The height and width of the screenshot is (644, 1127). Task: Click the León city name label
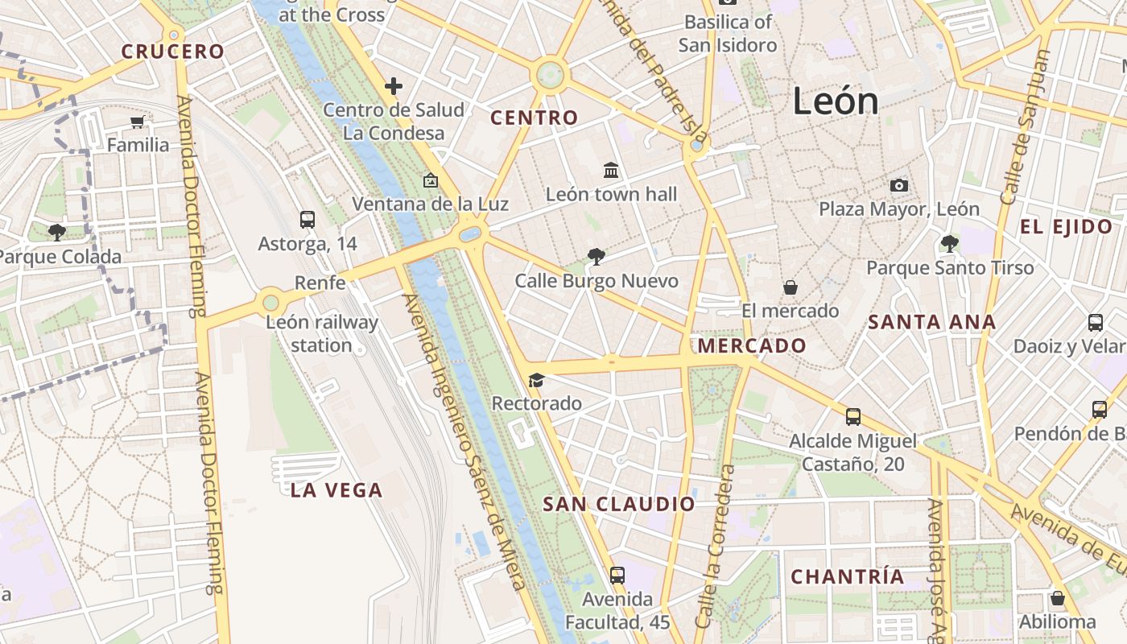tap(835, 101)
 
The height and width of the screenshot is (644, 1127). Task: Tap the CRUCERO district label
tap(173, 52)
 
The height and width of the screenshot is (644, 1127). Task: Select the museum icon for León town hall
tap(611, 171)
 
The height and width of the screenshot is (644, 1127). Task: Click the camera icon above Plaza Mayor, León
tap(899, 186)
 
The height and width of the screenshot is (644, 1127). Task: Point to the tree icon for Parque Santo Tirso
tap(950, 243)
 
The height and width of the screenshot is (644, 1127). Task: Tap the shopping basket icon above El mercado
tap(791, 287)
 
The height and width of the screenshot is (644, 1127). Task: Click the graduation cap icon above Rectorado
tap(536, 380)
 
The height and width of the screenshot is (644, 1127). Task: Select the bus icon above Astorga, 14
tap(307, 219)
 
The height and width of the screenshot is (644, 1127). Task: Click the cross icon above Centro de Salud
tap(394, 85)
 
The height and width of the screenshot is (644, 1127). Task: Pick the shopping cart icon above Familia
tap(138, 122)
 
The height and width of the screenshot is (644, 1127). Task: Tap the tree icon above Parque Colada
tap(56, 233)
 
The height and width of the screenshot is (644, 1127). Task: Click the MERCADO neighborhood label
tap(752, 346)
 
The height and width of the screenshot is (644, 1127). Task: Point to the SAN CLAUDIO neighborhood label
tap(618, 505)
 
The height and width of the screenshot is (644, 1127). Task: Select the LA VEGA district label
tap(336, 490)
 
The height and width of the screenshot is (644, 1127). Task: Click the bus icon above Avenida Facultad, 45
tap(617, 576)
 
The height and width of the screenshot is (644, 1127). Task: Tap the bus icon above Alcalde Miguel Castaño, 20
tap(852, 417)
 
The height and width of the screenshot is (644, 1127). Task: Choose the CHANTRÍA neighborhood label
tap(848, 576)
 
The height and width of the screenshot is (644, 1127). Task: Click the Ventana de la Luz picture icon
tap(430, 180)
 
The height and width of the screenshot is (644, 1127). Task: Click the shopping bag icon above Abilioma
tap(1058, 598)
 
